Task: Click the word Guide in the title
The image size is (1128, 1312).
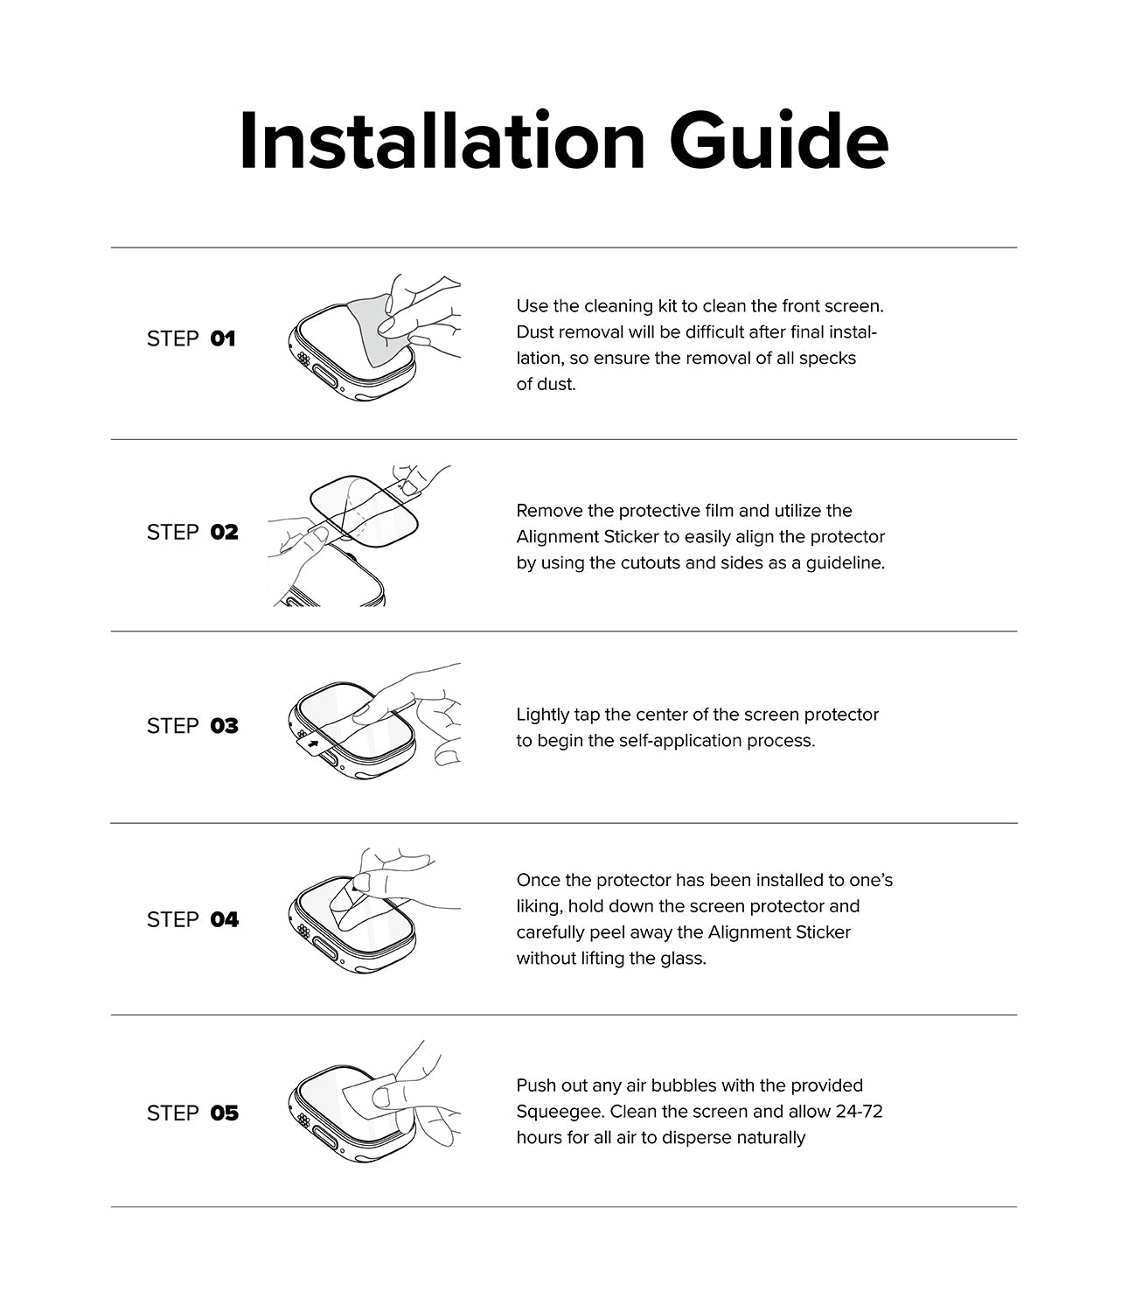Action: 779,142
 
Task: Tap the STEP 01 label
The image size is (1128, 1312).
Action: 191,338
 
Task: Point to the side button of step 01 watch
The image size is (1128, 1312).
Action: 331,380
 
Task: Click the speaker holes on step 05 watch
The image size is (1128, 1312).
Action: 303,1121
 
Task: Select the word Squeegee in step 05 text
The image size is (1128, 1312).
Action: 559,1112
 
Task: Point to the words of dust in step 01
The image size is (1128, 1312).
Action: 546,384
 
